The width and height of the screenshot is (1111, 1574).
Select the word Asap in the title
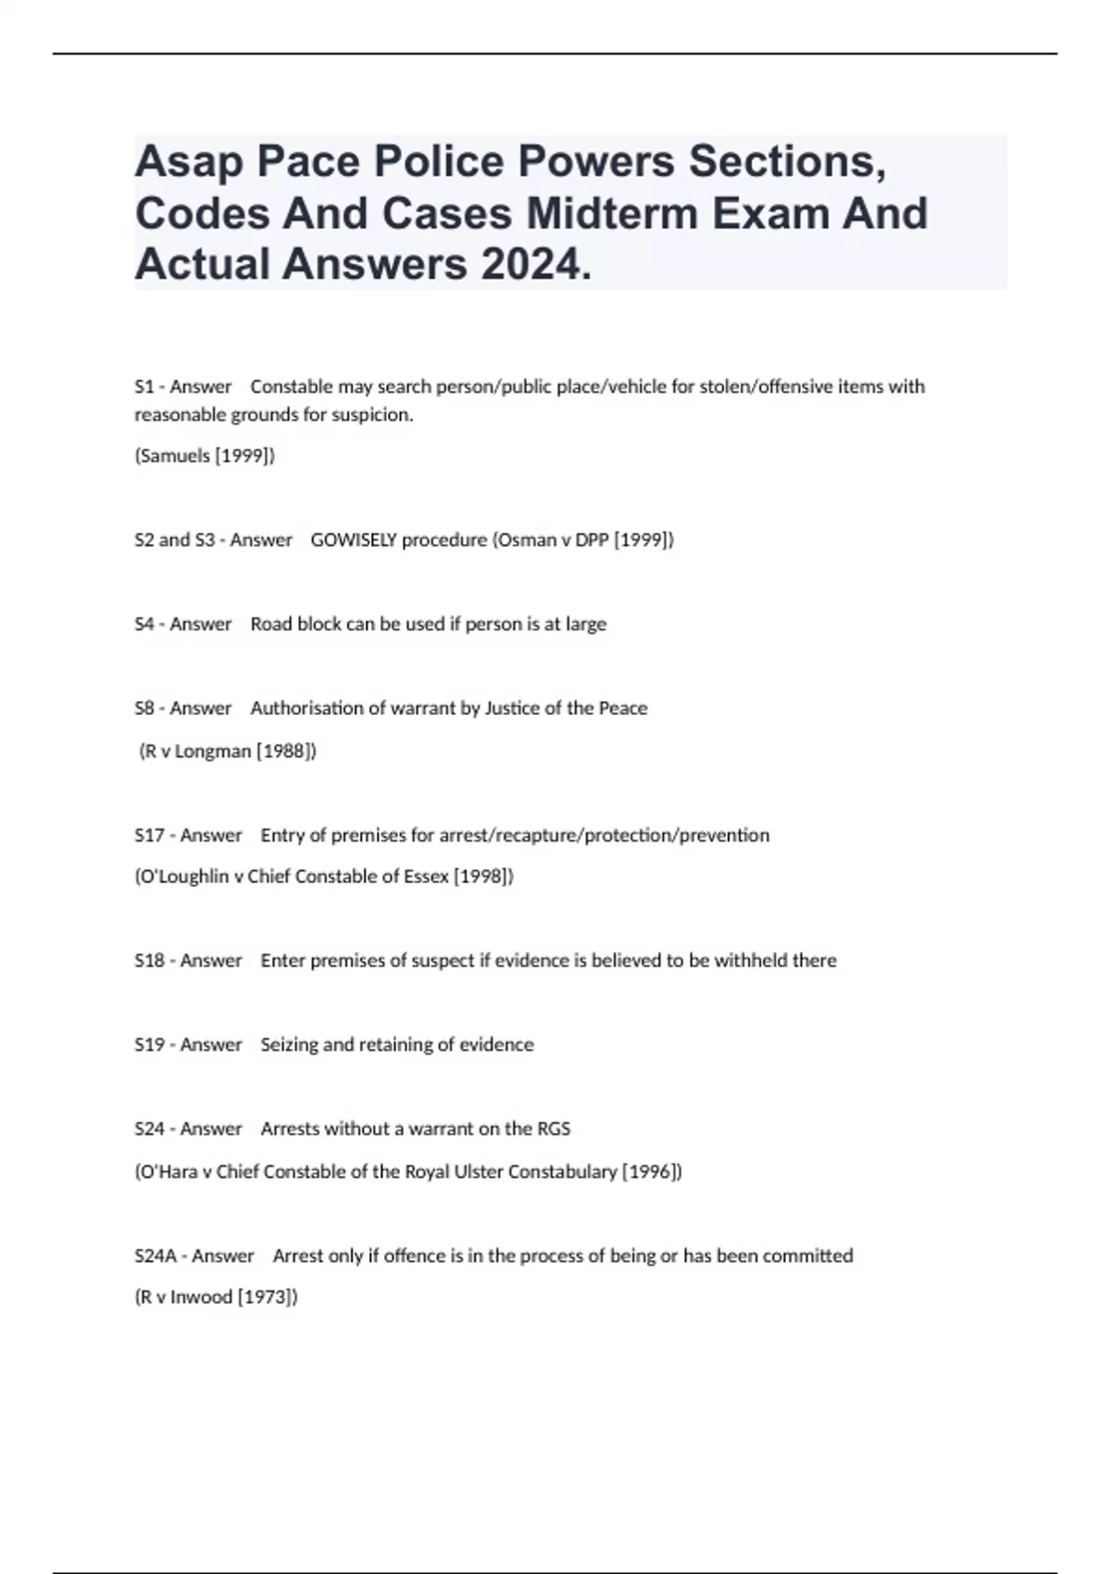pyautogui.click(x=189, y=163)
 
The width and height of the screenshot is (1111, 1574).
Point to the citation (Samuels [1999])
pyautogui.click(x=205, y=456)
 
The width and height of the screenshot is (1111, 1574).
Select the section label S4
pyautogui.click(x=144, y=624)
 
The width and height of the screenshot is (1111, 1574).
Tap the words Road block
pyautogui.click(x=294, y=624)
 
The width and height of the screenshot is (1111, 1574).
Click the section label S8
pyautogui.click(x=144, y=708)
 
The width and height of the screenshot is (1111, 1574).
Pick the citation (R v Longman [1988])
pyautogui.click(x=228, y=751)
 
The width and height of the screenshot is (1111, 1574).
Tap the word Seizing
pyautogui.click(x=288, y=1044)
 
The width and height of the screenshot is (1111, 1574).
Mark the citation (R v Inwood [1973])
pyautogui.click(x=217, y=1297)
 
